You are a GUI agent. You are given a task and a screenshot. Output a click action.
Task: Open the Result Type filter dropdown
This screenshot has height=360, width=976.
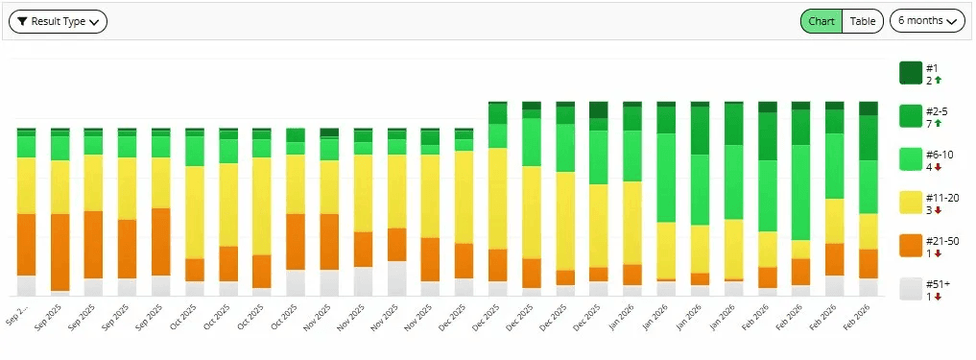(x=58, y=21)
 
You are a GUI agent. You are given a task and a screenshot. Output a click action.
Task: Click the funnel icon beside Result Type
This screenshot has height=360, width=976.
(x=22, y=21)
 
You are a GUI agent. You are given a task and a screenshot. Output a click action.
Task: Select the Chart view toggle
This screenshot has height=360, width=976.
(x=821, y=21)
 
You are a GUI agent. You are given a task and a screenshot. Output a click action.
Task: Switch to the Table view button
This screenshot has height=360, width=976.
(x=863, y=21)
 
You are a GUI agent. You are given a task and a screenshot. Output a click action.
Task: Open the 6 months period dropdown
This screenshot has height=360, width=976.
(x=926, y=21)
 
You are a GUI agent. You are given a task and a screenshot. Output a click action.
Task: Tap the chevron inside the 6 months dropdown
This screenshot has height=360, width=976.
(x=953, y=21)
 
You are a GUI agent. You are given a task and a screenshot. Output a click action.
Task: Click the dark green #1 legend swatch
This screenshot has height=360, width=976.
(x=910, y=73)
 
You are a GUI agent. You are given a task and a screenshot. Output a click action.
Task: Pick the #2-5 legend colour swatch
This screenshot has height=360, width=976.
(x=910, y=116)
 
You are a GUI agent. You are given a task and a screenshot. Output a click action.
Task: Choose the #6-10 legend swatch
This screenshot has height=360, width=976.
(x=910, y=159)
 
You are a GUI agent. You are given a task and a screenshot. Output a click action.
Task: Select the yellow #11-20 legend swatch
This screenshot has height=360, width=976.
(x=910, y=203)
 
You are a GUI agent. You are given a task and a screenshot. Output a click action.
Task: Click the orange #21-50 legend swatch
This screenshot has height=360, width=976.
(x=910, y=246)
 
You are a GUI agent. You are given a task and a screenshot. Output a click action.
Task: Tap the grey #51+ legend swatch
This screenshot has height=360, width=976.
(x=910, y=289)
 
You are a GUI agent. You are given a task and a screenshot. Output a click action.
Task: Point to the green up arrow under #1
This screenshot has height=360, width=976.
(x=939, y=81)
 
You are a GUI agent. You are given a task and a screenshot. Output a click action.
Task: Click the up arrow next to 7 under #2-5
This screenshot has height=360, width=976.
(x=939, y=124)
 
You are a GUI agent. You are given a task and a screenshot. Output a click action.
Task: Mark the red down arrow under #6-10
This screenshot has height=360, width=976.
(x=939, y=167)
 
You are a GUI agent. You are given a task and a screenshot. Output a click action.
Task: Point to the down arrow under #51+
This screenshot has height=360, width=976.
(x=939, y=297)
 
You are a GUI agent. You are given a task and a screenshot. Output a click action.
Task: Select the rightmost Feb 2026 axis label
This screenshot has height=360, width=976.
(x=857, y=316)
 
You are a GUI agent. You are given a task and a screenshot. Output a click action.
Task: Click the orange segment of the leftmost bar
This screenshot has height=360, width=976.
(x=26, y=244)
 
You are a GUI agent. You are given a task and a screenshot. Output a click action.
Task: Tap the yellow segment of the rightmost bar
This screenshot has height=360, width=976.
(x=868, y=230)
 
